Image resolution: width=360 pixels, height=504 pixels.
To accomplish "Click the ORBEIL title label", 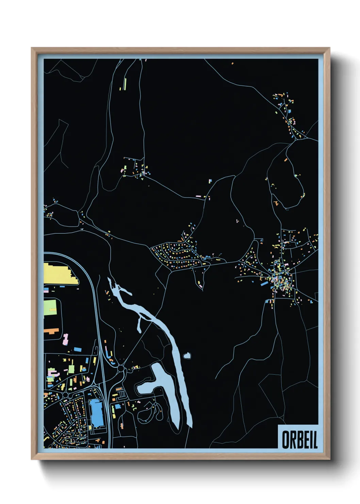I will point(299,439).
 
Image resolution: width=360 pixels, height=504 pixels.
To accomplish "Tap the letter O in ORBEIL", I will point(285,440).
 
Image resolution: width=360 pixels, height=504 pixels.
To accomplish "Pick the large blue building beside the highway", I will point(96,413).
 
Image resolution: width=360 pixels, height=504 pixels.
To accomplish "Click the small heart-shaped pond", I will point(187,356).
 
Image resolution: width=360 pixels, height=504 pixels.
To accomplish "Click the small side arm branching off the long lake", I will point(140,325).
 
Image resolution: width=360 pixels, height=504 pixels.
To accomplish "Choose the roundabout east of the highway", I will point(120,368).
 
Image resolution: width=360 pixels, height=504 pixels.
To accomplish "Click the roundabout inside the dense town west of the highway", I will point(65,395).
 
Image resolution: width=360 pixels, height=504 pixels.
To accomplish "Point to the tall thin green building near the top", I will point(125,84).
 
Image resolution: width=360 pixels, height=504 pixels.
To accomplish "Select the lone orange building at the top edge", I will point(232,63).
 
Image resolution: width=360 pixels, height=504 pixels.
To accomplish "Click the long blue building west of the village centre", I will point(264,283).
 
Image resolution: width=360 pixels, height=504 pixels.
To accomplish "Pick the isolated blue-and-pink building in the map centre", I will point(210,181).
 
